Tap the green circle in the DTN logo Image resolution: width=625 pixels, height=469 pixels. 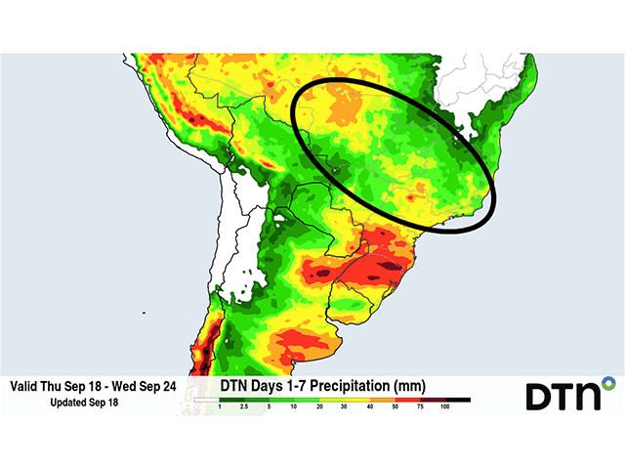(x=608, y=380)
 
